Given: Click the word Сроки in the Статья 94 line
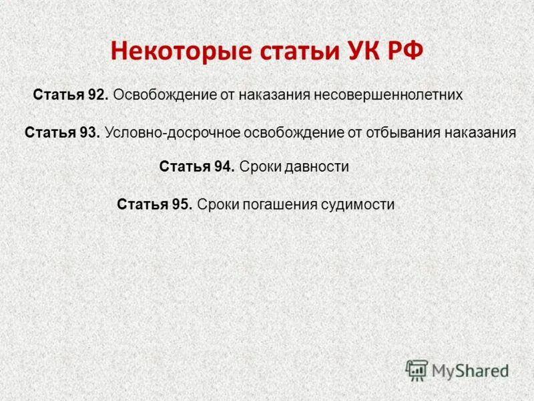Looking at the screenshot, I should point(260,166).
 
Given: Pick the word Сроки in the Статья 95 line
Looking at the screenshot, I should point(218,205).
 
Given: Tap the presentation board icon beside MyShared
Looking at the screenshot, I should point(417,370).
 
